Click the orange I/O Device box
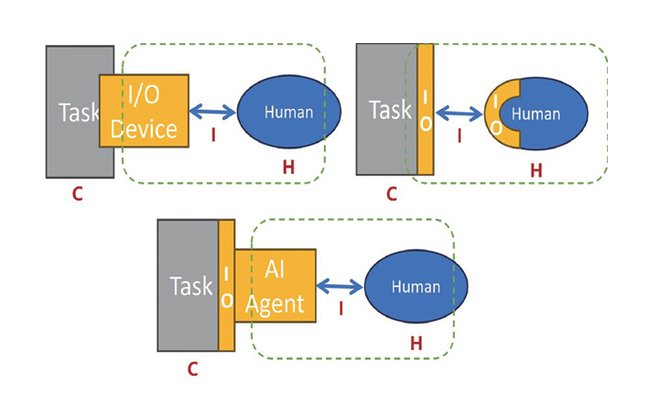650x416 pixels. coord(144,110)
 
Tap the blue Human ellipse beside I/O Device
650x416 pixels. coord(288,113)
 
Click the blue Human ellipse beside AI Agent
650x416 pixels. coord(416,287)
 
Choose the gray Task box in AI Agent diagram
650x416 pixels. coord(188,285)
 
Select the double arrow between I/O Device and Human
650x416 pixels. coord(212,112)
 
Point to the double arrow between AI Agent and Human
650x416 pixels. coord(340,286)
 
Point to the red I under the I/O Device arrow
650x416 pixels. coord(213,136)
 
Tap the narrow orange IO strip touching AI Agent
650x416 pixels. coord(226,285)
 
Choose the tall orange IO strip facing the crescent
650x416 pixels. coord(425,109)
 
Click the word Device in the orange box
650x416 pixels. coord(144,127)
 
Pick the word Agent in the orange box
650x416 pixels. coord(275,302)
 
